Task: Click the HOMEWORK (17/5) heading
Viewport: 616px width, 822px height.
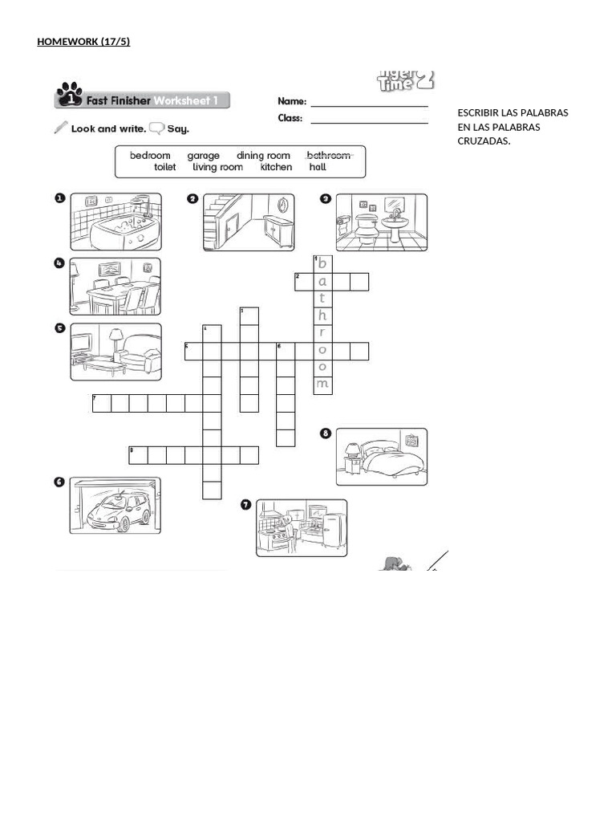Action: [x=83, y=42]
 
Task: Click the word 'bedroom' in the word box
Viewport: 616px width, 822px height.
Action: [x=150, y=156]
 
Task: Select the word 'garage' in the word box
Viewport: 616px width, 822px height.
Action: [x=203, y=156]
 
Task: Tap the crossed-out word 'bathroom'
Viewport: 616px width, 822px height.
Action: [x=328, y=156]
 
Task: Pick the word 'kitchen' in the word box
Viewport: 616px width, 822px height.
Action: [x=276, y=168]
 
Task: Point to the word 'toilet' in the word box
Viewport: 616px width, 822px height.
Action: [x=164, y=168]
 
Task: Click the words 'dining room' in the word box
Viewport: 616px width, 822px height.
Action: [x=263, y=156]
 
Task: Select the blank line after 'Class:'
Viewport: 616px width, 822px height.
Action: [x=369, y=120]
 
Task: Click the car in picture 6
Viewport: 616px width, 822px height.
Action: [x=118, y=510]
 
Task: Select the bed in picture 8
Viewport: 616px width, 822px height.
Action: [x=388, y=458]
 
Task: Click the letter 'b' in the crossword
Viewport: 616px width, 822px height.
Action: [x=322, y=264]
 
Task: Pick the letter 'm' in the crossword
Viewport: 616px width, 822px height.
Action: [x=322, y=385]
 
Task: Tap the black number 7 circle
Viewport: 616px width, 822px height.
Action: [x=245, y=505]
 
